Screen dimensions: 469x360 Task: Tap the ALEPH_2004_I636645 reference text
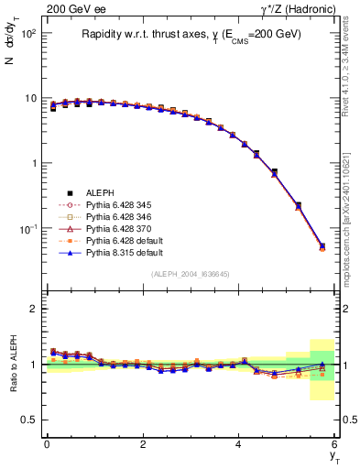(x=191, y=274)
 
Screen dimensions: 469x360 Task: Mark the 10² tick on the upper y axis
(x=29, y=34)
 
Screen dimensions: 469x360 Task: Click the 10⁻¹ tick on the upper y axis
(x=29, y=228)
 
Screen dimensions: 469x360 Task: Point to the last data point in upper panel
(x=322, y=246)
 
